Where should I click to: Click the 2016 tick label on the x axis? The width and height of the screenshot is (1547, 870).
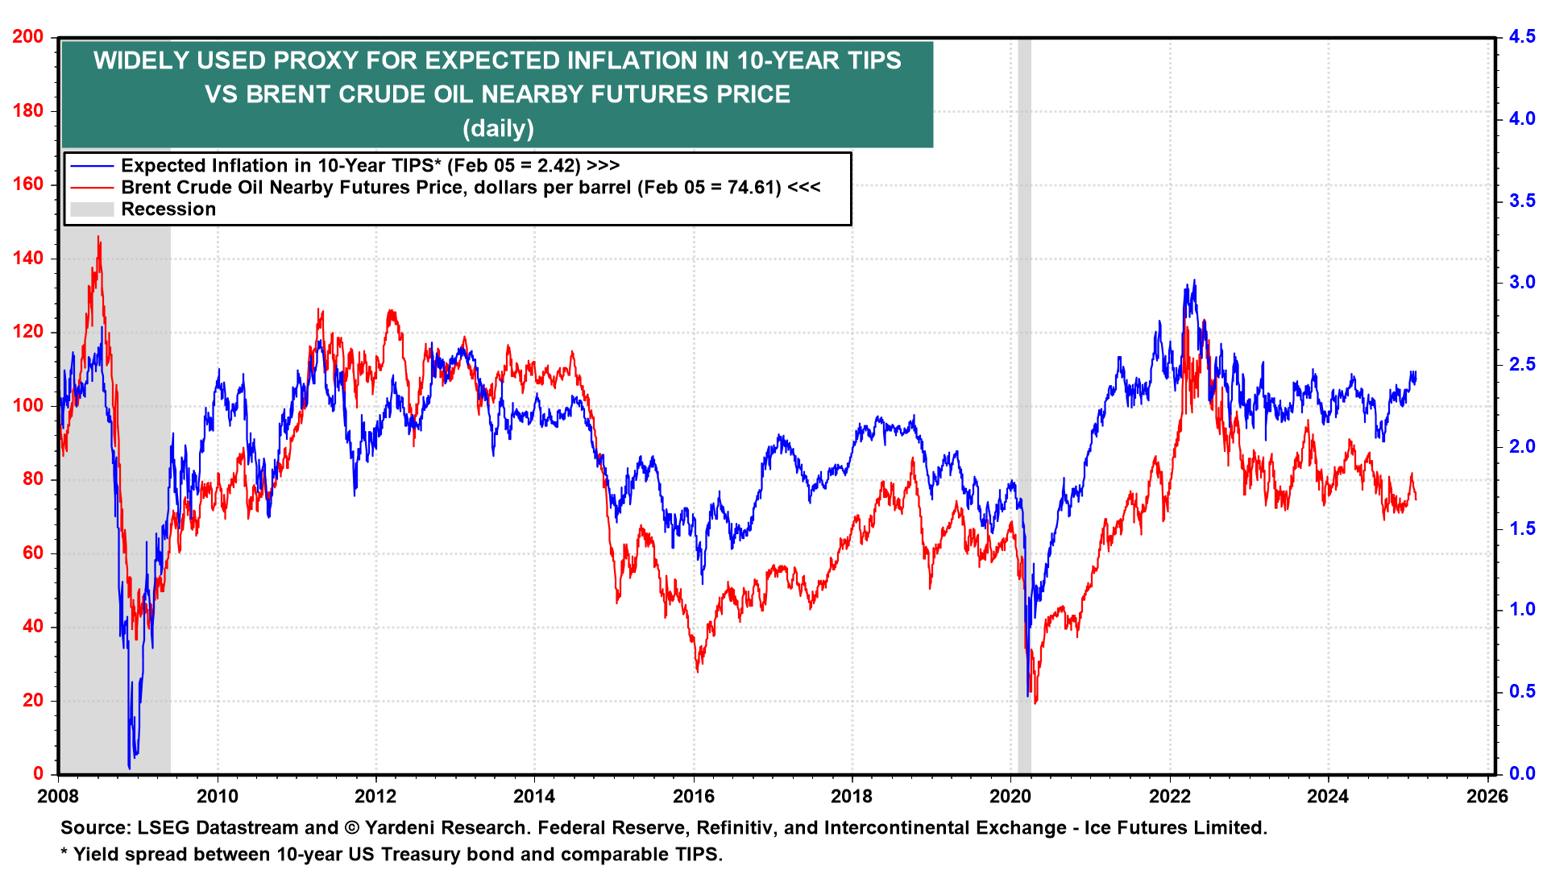point(693,797)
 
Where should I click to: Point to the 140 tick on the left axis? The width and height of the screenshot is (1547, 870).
point(29,259)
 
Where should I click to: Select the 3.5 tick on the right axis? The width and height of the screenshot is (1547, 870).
point(1522,201)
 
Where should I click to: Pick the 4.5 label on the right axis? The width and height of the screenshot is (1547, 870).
point(1522,37)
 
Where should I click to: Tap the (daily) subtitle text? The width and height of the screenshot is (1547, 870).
point(498,128)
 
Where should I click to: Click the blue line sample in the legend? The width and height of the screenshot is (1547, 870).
point(92,166)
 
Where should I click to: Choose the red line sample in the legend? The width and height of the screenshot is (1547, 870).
point(92,188)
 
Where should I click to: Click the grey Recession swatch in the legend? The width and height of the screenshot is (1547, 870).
point(92,209)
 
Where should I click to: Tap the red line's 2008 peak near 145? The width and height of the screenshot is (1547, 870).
point(98,238)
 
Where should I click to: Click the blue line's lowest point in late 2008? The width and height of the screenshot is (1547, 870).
point(129,767)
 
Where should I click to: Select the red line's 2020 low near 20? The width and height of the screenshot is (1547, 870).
point(1035,702)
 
